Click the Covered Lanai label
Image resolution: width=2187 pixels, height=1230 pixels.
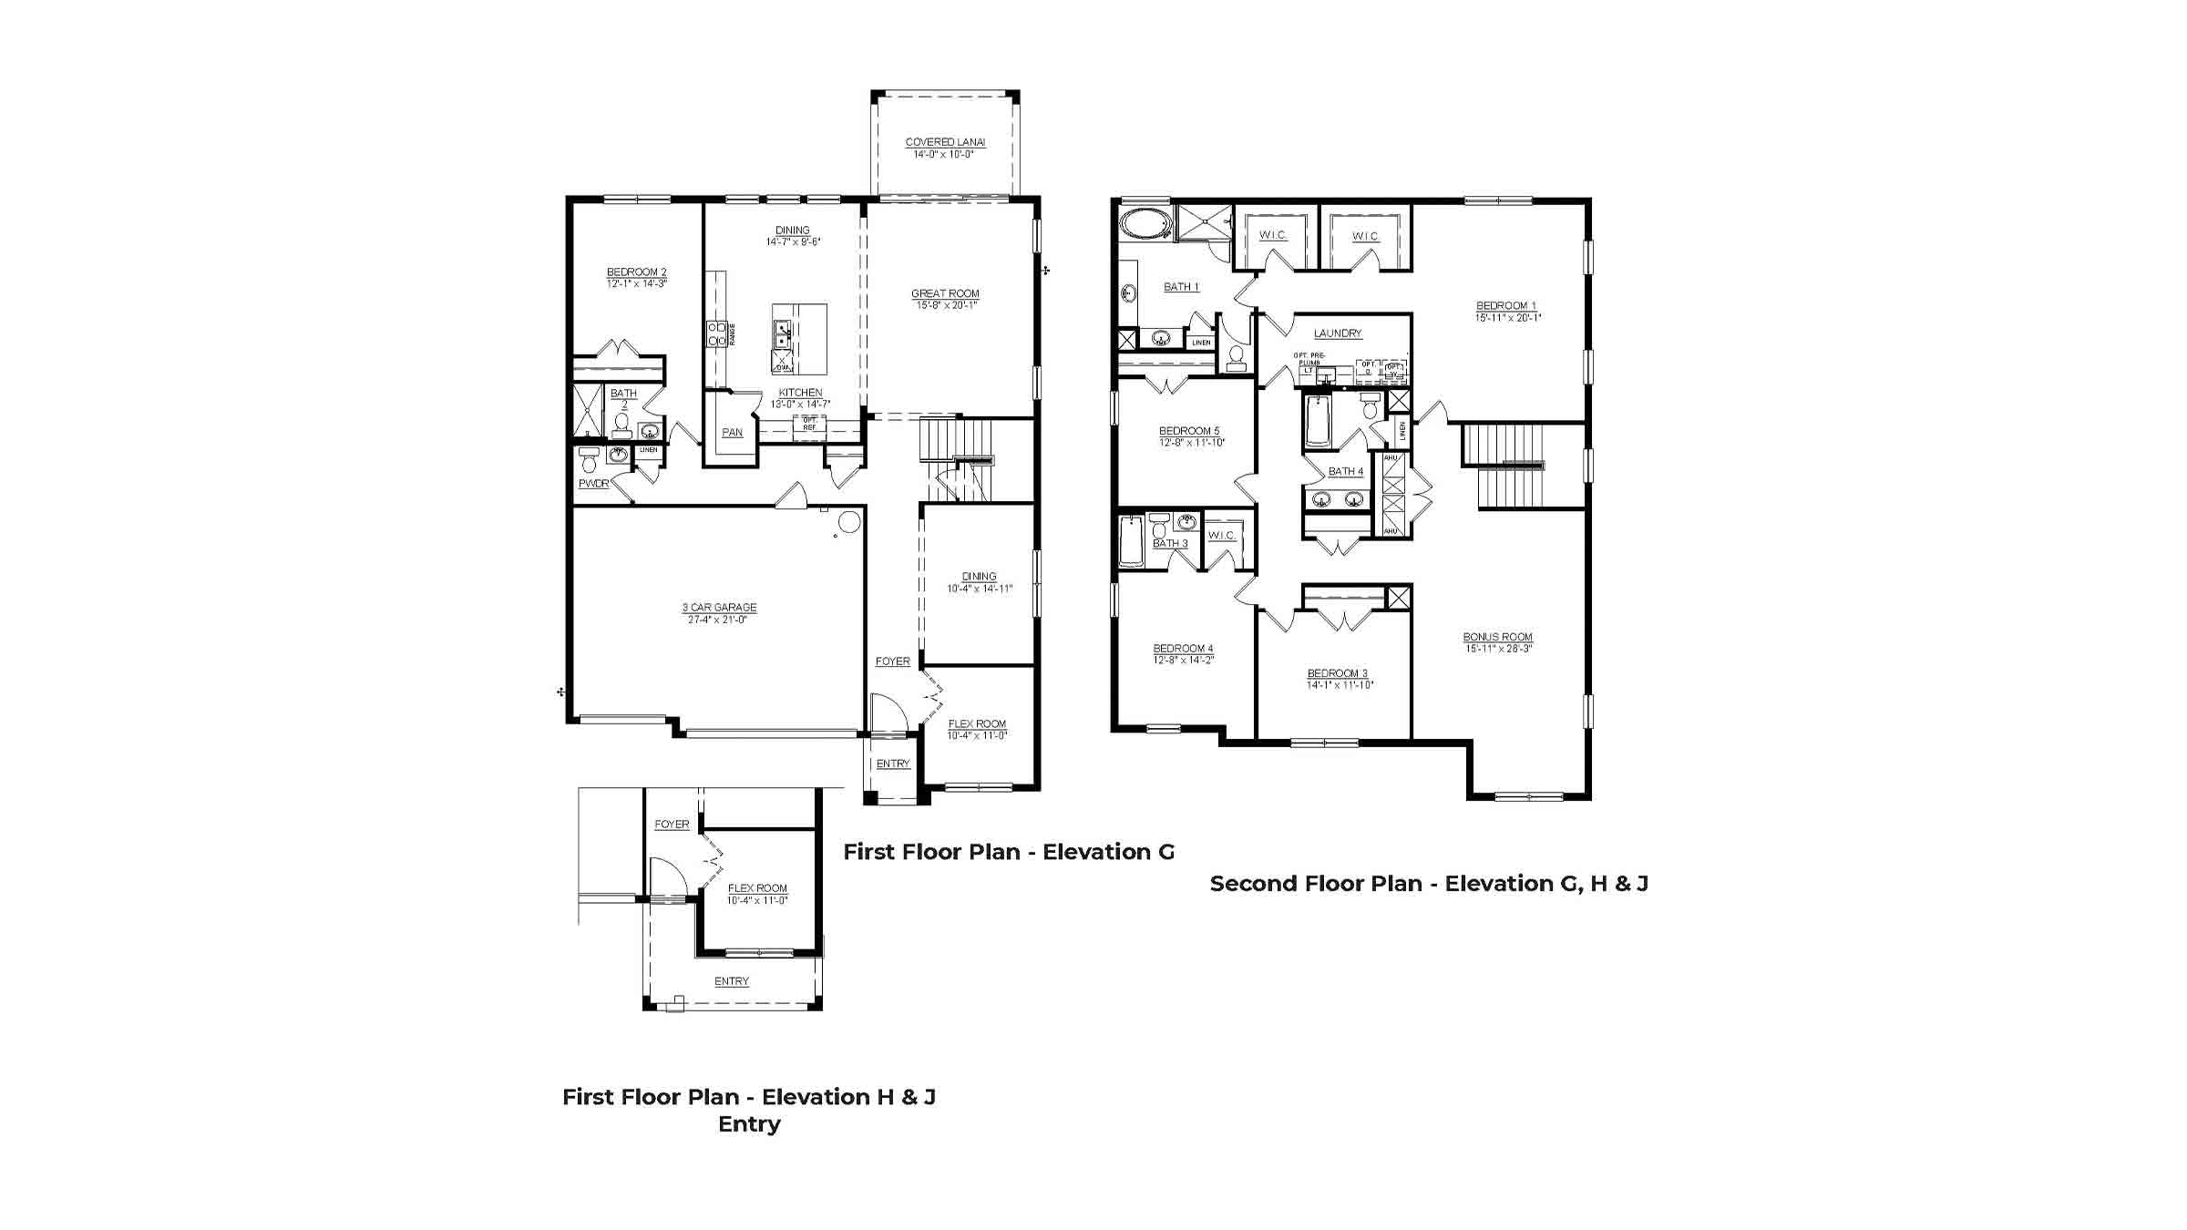point(945,142)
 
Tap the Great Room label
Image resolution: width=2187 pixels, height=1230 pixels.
point(945,293)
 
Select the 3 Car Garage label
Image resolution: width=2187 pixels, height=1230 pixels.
point(719,607)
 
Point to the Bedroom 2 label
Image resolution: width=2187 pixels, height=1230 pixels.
point(636,272)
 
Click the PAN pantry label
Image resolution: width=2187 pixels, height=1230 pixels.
point(732,433)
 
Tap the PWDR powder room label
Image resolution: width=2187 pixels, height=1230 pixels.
point(593,484)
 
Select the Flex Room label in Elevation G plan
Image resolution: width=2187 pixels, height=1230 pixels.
point(977,724)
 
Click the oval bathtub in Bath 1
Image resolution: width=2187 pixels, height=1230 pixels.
point(1137,222)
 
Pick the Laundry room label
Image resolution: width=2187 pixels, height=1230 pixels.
point(1337,333)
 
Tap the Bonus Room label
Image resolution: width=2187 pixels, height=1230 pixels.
point(1497,637)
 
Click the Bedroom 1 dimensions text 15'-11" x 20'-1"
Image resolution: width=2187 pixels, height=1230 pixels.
point(1507,318)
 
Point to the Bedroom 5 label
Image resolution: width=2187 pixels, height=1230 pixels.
point(1188,431)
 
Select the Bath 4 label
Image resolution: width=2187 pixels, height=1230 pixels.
point(1345,472)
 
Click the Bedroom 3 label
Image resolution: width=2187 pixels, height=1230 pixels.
point(1337,673)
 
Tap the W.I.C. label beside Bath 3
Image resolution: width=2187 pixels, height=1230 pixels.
point(1221,536)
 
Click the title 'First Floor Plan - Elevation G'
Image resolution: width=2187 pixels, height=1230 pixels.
point(1008,852)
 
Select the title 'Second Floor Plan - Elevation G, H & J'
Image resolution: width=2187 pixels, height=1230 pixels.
point(1428,884)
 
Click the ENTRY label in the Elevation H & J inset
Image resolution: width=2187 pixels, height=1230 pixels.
point(731,981)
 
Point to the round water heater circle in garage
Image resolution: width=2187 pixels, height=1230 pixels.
point(848,522)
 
